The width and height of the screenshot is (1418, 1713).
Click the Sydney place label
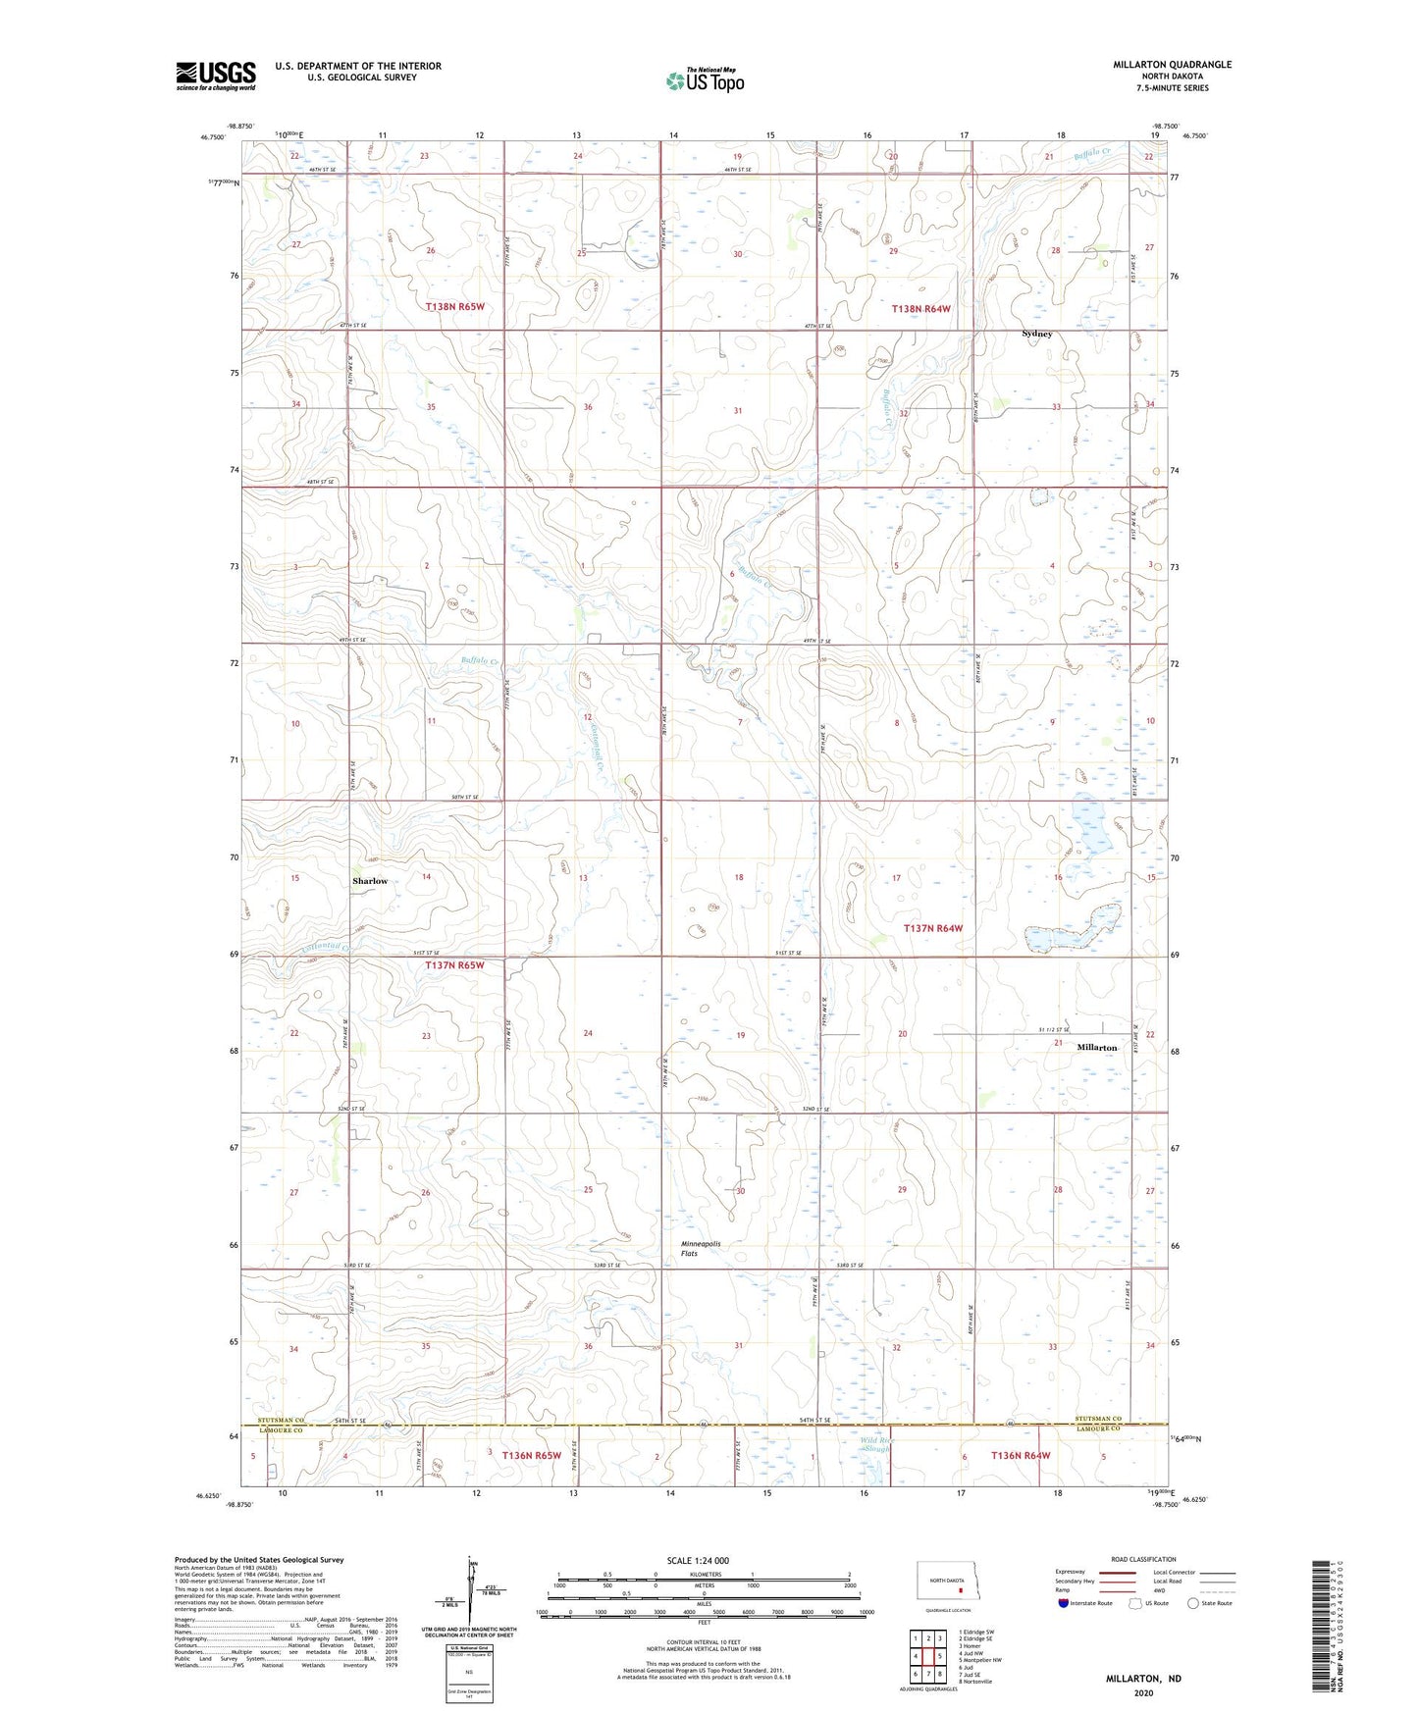click(x=1036, y=334)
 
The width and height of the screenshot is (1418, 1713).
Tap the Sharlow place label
click(x=370, y=881)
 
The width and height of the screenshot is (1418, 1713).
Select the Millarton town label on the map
click(x=1096, y=1048)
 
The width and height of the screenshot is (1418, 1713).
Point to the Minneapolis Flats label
click(x=701, y=1248)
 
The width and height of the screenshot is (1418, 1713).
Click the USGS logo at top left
click(x=215, y=76)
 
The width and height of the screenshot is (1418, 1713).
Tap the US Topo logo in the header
click(x=704, y=80)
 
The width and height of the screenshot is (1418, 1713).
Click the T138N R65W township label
click(x=455, y=307)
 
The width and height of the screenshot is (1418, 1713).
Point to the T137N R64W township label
click(x=933, y=928)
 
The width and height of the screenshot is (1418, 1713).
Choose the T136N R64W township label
click(x=1021, y=1455)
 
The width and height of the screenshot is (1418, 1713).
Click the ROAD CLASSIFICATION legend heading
click(x=1143, y=1559)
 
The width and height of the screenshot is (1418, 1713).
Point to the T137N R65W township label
click(x=455, y=965)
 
